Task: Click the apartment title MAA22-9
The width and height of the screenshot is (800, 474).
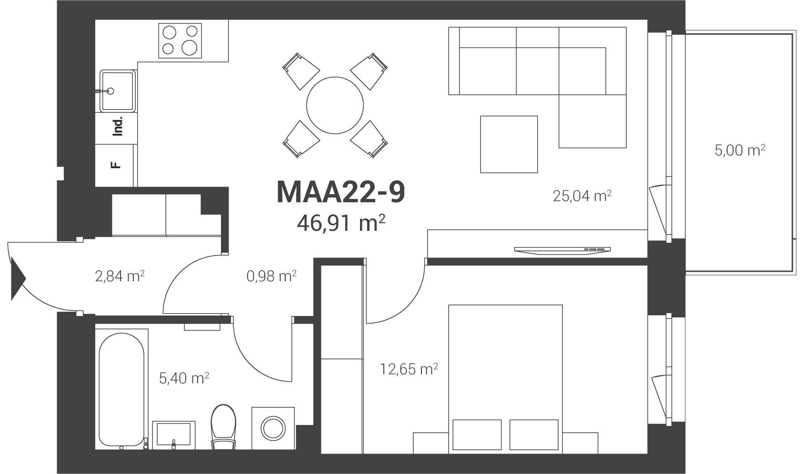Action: point(341,192)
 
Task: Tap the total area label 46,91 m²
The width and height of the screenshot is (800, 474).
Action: point(341,224)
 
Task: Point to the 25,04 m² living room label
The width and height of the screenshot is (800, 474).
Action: point(582,196)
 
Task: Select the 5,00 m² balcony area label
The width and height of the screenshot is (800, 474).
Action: point(740,150)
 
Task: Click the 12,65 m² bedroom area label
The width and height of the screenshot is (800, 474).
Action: point(409,369)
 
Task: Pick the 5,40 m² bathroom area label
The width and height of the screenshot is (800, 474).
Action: point(184,378)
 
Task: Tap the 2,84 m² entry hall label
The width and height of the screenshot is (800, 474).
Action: point(120,276)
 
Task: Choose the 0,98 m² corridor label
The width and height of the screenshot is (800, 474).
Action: point(271,276)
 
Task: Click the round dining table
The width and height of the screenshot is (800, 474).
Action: point(335,105)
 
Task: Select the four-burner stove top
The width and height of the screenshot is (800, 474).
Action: point(180,41)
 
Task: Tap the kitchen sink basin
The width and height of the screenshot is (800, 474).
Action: point(118,91)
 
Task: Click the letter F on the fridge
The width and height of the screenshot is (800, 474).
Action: point(116,165)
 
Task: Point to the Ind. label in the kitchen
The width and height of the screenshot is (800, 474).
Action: point(118,126)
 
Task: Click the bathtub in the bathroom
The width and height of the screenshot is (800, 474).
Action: point(121,390)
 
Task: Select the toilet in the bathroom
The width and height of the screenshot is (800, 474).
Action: point(224,427)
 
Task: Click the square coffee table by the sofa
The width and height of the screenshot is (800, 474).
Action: point(509,144)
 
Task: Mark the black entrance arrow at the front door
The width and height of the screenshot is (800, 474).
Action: point(18,278)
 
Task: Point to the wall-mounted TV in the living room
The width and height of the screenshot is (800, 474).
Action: point(562,250)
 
